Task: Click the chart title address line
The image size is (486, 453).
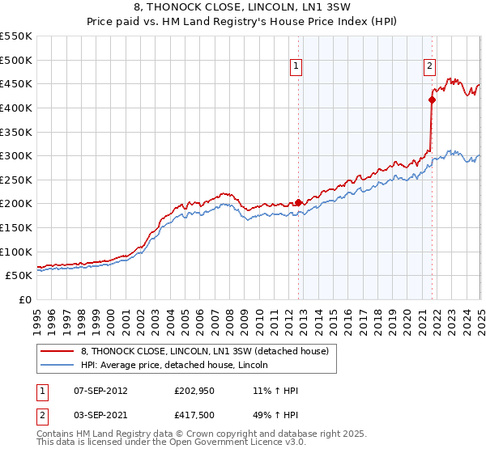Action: (x=242, y=8)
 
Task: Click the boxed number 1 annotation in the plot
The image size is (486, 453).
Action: (x=296, y=68)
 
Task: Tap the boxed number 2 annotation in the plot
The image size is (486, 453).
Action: (x=428, y=68)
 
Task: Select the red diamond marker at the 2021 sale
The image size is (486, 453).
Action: (x=432, y=100)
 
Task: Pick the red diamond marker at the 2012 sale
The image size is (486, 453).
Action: (x=298, y=202)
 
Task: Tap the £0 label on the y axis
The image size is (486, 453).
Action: (x=24, y=299)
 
